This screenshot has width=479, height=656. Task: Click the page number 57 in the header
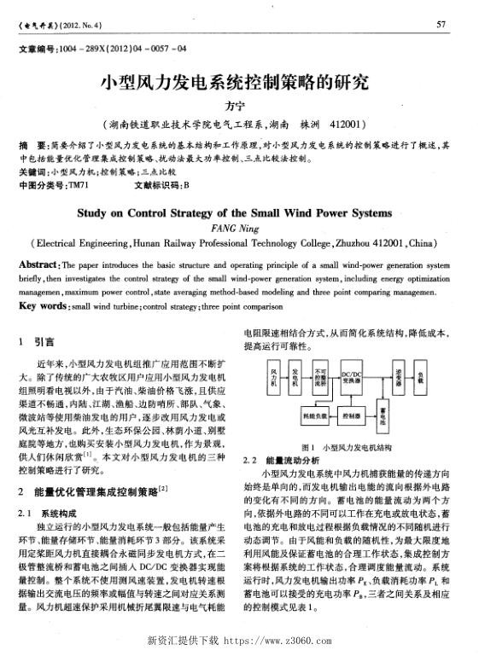(x=441, y=24)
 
